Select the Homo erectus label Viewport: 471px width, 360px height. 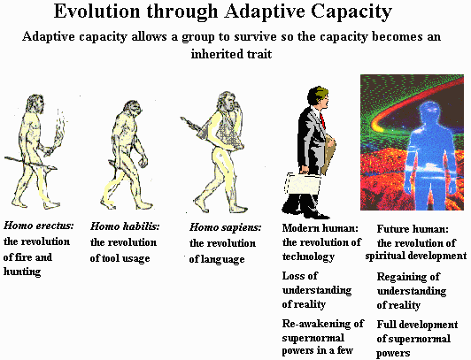(39, 226)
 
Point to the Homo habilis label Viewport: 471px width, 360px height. (125, 226)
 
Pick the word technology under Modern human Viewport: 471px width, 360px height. (308, 257)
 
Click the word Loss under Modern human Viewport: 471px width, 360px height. (295, 277)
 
